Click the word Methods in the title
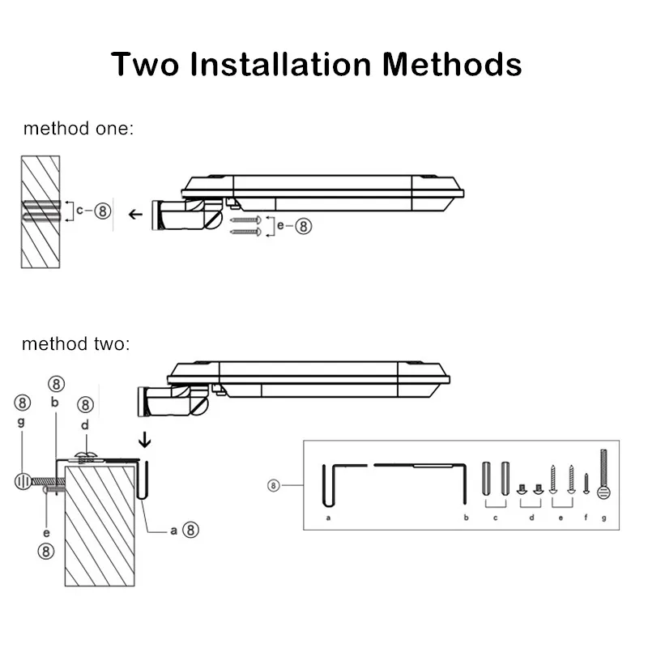(x=452, y=65)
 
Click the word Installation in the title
(x=280, y=65)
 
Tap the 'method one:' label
(x=79, y=129)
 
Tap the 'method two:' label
(x=76, y=343)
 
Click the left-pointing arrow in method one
(x=135, y=215)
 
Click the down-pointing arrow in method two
(x=145, y=440)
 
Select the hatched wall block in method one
(x=40, y=212)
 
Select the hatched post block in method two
(x=100, y=526)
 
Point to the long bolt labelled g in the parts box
(x=603, y=474)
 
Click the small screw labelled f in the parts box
(x=586, y=484)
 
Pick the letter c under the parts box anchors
(x=495, y=518)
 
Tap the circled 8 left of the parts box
(x=273, y=485)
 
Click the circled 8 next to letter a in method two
(x=190, y=530)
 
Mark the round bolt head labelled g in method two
(x=23, y=481)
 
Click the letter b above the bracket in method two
(x=54, y=402)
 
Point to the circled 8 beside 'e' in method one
(x=304, y=227)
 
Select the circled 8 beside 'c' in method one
(x=103, y=211)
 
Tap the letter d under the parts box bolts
(x=532, y=518)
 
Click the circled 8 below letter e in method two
(x=46, y=552)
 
